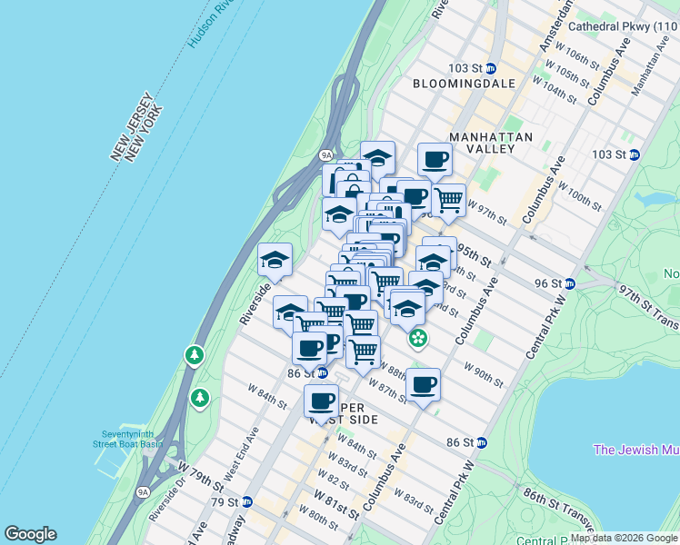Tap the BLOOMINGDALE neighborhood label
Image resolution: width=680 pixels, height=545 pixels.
click(x=464, y=84)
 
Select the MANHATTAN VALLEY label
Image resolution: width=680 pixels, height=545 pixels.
click(x=490, y=144)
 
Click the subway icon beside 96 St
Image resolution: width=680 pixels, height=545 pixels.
click(x=569, y=283)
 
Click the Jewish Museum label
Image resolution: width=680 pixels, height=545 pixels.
click(x=636, y=450)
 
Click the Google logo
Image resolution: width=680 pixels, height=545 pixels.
click(x=30, y=534)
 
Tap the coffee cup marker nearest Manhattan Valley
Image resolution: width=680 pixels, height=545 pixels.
click(x=435, y=160)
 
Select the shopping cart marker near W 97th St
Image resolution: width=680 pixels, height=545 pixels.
click(x=448, y=199)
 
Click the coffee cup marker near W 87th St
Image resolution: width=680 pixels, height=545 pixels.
click(x=423, y=384)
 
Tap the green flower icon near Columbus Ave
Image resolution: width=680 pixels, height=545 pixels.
click(x=417, y=339)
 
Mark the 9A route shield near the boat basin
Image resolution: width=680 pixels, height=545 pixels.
click(x=143, y=492)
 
